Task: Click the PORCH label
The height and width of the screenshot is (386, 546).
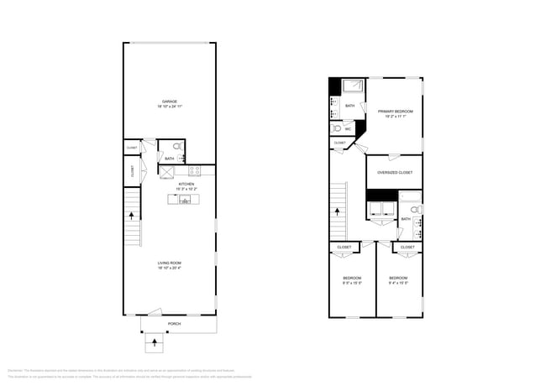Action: coord(174,324)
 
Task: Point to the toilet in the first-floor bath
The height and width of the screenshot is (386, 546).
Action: coord(176,146)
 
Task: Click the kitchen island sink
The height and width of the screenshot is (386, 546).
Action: coord(184,199)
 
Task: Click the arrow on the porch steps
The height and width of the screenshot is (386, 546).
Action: coord(155,342)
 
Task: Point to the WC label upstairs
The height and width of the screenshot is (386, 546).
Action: coord(348,129)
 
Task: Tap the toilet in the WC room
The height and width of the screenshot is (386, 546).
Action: coord(337,129)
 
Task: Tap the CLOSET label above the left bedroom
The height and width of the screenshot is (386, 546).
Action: coord(344,248)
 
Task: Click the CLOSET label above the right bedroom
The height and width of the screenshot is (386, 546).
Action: coord(407,248)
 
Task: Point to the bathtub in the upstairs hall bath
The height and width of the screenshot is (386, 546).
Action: coord(411,198)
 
